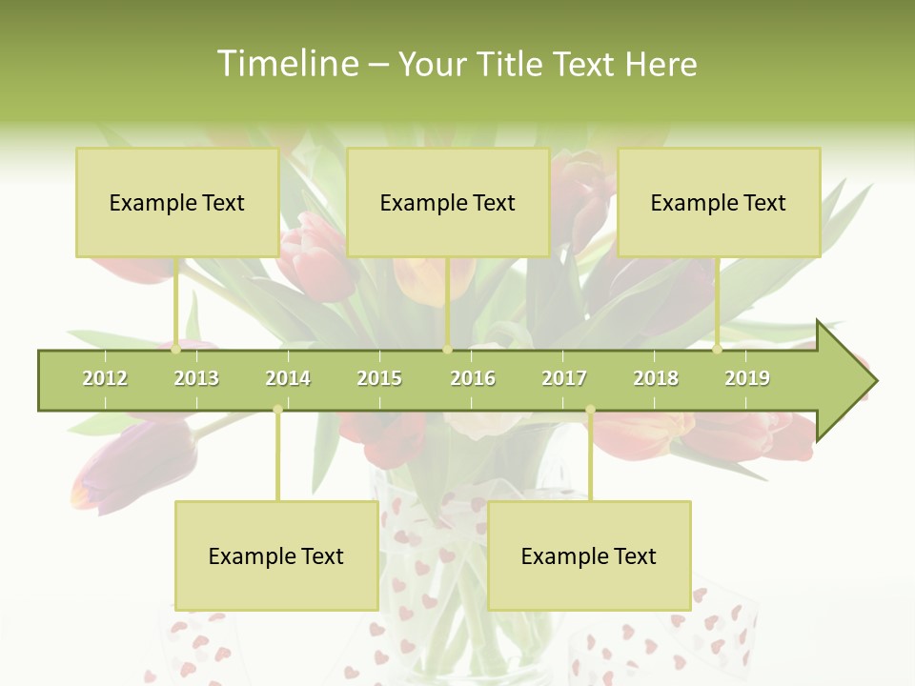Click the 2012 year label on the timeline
(x=105, y=378)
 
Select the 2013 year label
(x=196, y=378)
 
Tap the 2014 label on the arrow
(x=288, y=378)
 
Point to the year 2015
(x=379, y=378)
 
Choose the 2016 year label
(x=473, y=378)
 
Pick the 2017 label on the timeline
(x=564, y=378)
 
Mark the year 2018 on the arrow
(x=656, y=378)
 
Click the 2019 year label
(x=747, y=378)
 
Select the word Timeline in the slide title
(x=286, y=64)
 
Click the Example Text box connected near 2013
(x=177, y=202)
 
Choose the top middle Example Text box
(x=448, y=202)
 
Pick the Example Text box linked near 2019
(x=719, y=202)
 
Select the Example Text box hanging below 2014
(x=276, y=555)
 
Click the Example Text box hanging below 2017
(x=589, y=555)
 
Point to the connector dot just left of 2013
(x=175, y=350)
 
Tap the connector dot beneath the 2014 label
(x=277, y=410)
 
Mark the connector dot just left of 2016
(x=447, y=350)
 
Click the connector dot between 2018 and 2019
(x=718, y=350)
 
